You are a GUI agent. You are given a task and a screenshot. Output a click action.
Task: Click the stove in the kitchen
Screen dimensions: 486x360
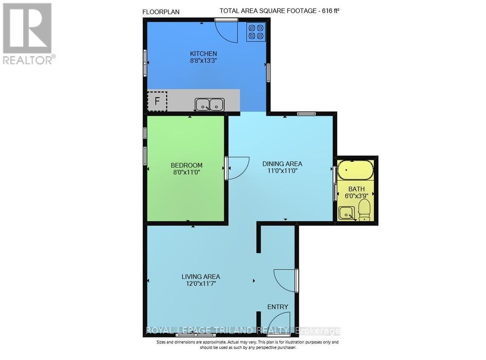(x=256, y=32)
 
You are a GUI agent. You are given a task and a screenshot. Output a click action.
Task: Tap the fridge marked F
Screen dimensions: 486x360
(x=157, y=101)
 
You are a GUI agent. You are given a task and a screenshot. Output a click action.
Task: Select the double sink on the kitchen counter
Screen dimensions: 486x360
(x=209, y=104)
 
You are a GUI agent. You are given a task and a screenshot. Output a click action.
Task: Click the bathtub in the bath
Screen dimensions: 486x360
(x=356, y=170)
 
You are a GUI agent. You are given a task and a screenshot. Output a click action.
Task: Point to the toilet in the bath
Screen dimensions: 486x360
(x=364, y=210)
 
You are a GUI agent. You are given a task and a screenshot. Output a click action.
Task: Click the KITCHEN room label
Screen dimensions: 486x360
(x=203, y=53)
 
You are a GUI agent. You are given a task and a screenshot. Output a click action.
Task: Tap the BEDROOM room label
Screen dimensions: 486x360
(x=187, y=166)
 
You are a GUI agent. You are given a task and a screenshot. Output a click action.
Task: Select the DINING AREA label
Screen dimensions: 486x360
(x=282, y=164)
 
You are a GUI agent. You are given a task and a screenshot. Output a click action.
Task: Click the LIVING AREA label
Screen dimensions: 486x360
(x=201, y=276)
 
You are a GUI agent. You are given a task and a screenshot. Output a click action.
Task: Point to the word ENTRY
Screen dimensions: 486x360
(x=278, y=307)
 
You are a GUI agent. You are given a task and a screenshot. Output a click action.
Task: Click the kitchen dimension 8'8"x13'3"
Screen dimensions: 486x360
(x=203, y=61)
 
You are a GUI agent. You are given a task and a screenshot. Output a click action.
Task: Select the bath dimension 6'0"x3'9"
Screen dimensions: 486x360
(x=356, y=196)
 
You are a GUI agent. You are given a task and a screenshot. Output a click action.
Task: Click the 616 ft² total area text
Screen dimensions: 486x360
(x=330, y=11)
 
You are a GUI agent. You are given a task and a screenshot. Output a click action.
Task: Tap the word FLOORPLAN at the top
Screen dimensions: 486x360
(x=161, y=13)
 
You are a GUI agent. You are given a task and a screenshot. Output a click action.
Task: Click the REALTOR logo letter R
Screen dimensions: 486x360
(x=27, y=28)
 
